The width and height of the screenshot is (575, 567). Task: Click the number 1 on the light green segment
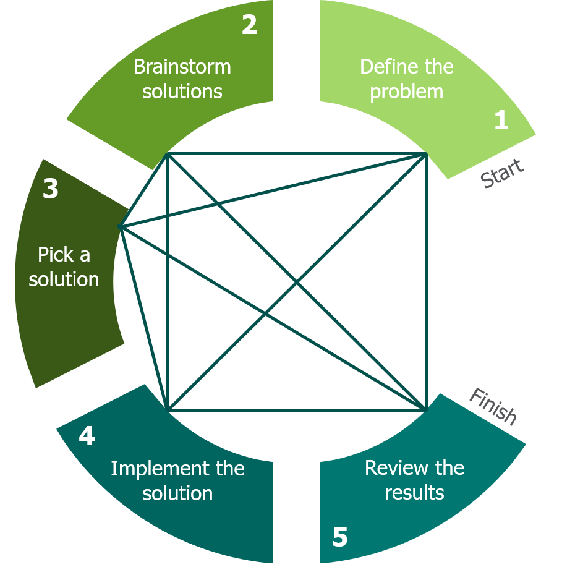tap(501, 120)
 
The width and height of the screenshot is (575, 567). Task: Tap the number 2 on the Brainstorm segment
tap(249, 26)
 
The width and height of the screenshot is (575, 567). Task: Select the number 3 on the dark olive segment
tap(51, 189)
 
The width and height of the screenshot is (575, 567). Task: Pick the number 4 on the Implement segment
tap(87, 437)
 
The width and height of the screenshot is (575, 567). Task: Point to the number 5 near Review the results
tap(340, 537)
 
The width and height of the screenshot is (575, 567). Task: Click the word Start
tap(502, 173)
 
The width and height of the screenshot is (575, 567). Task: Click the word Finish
tap(493, 406)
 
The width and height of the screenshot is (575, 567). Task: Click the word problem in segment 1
tap(407, 92)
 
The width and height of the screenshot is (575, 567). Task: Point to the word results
tap(414, 493)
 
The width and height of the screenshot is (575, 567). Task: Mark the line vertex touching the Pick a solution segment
tap(121, 227)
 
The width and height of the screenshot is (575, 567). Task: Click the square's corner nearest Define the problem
tap(426, 153)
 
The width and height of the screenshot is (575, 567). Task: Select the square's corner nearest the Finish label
tap(426, 410)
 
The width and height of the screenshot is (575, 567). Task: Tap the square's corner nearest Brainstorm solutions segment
tap(168, 153)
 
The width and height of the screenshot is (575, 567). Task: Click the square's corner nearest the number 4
tap(168, 410)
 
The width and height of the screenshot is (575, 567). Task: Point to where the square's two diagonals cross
tap(297, 282)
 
